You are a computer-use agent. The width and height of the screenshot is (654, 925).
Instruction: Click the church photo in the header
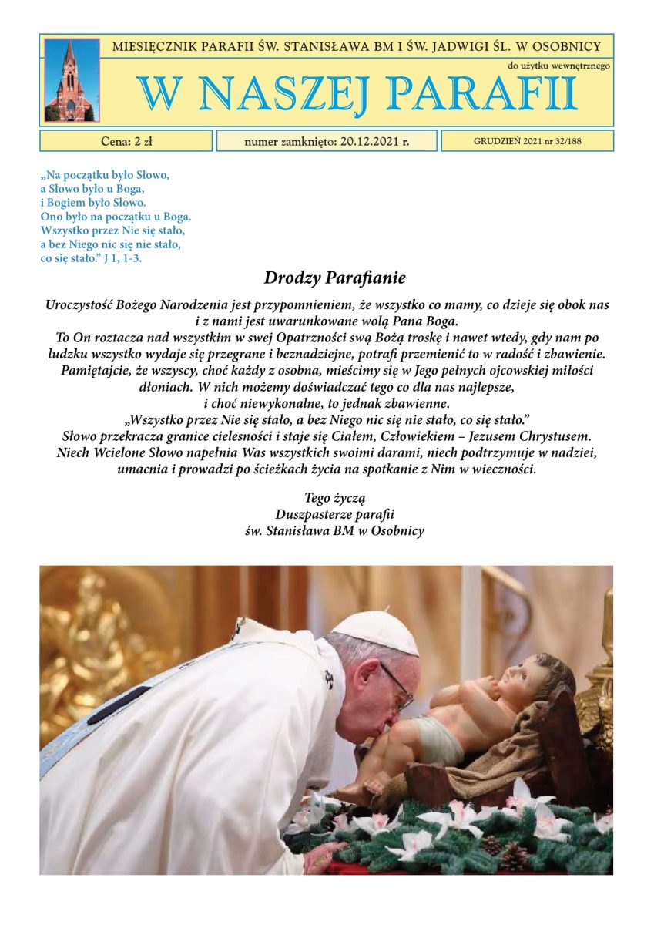pos(72,80)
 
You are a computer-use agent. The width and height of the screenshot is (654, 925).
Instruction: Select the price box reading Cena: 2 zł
pos(126,141)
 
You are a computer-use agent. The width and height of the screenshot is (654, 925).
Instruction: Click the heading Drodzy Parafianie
pos(334,277)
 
